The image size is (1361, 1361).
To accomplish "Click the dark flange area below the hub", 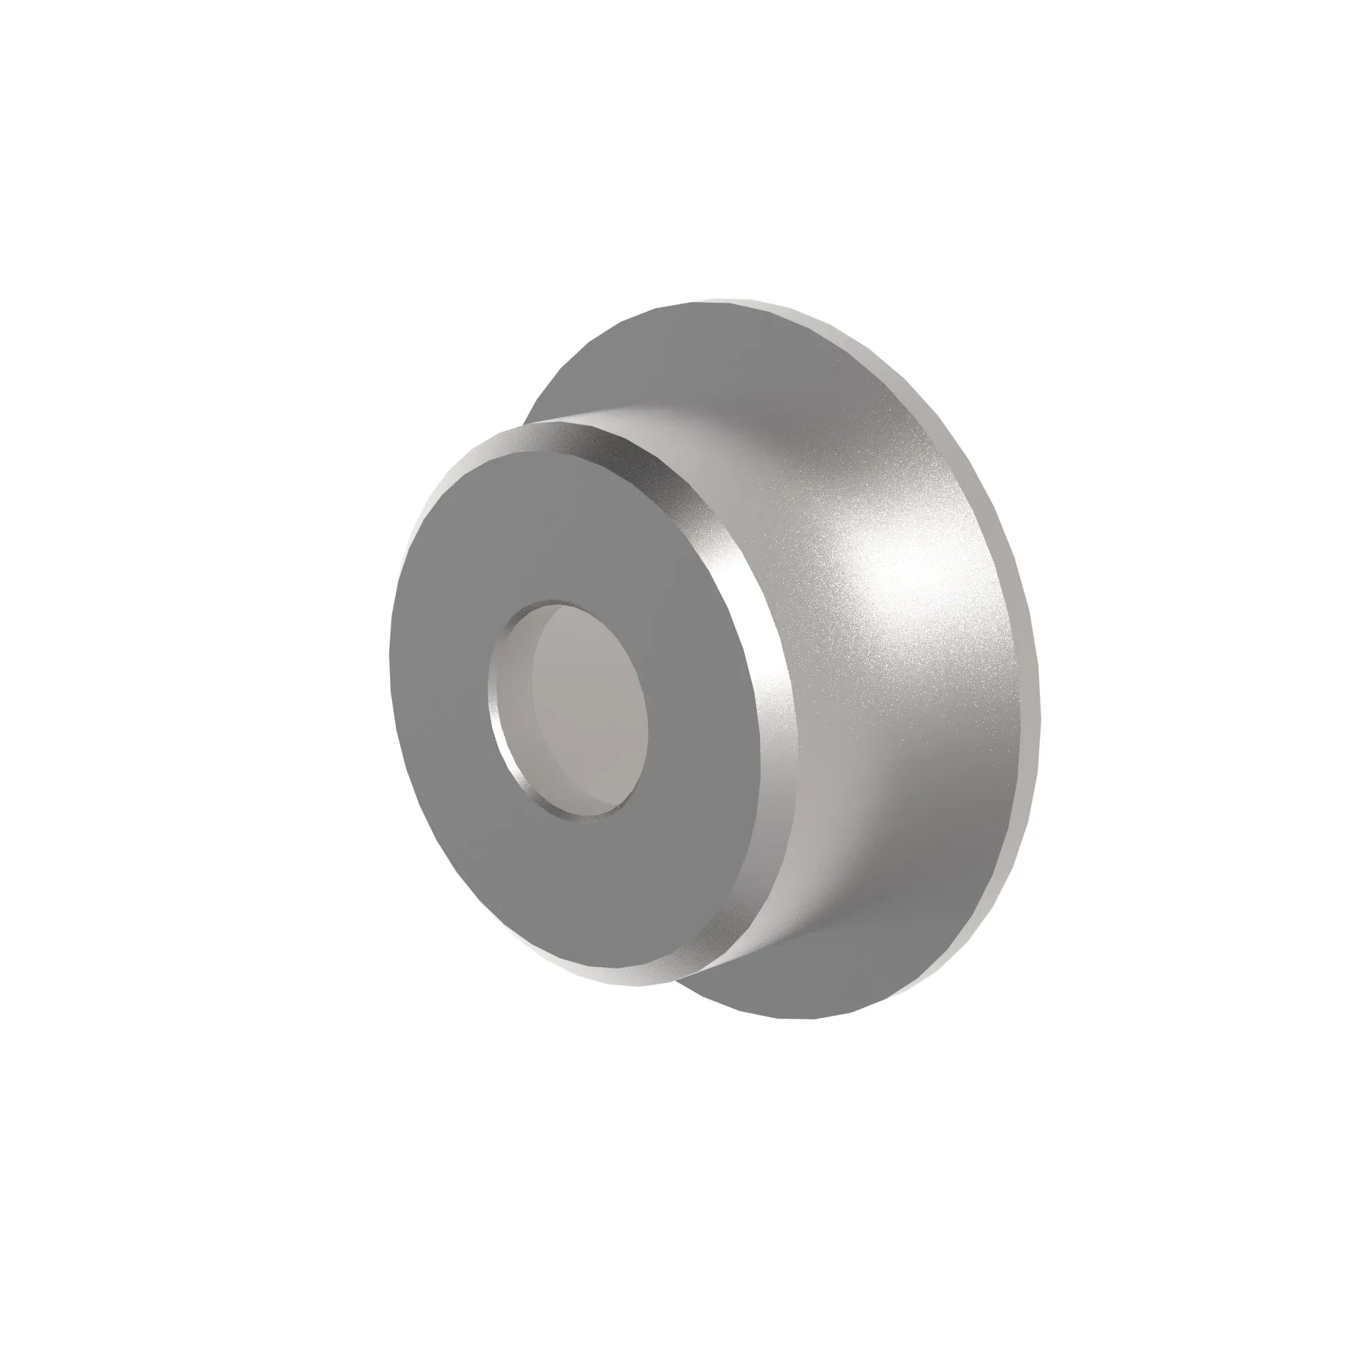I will coord(810,986).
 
